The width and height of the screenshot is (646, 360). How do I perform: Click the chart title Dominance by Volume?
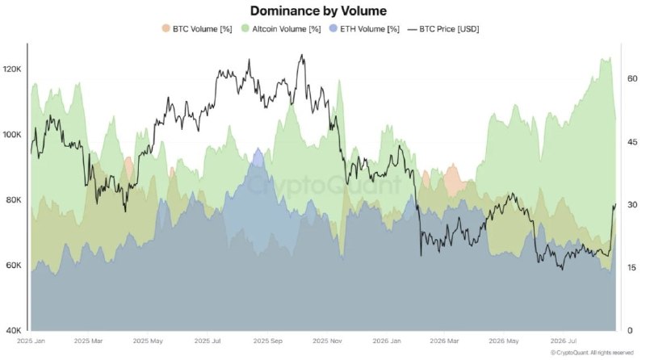tap(318, 10)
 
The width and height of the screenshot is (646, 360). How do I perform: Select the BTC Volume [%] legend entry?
tap(196, 29)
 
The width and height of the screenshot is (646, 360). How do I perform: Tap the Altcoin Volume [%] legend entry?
tap(281, 29)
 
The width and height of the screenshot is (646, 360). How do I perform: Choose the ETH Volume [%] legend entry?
tap(364, 29)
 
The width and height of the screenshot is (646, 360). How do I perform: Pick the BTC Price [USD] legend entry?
tap(443, 29)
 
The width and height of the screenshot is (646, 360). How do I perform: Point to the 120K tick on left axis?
tap(12, 69)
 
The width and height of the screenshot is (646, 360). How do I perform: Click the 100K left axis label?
tap(12, 135)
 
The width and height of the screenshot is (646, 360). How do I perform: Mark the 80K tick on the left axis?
tap(14, 199)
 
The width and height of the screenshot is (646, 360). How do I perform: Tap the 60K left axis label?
tap(14, 266)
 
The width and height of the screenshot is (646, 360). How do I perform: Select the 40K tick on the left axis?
tap(14, 330)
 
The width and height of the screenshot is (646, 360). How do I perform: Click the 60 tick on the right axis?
tap(632, 78)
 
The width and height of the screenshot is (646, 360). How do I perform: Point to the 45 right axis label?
tap(632, 142)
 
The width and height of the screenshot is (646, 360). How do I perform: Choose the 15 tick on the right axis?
tap(632, 268)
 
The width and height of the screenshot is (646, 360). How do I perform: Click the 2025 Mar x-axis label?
tap(89, 341)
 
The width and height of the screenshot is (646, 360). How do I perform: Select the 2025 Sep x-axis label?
tap(268, 341)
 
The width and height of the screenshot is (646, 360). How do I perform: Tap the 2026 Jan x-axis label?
tap(387, 341)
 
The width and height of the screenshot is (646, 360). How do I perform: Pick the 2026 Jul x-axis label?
tap(564, 341)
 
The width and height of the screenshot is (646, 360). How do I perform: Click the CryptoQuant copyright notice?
tap(592, 353)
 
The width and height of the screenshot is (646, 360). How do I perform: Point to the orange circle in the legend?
tap(166, 28)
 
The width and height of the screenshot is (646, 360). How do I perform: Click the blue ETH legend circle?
tap(333, 28)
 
